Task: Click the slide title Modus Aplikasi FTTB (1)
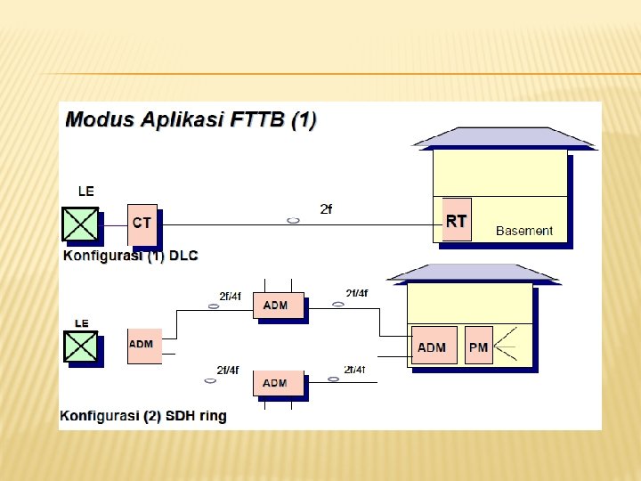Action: click(x=191, y=120)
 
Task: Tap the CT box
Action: click(x=142, y=224)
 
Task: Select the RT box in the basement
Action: click(x=456, y=221)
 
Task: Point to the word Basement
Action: click(x=524, y=231)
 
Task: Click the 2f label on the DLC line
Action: click(x=326, y=209)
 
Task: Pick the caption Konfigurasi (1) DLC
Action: click(x=130, y=256)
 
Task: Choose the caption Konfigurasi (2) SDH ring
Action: click(x=143, y=415)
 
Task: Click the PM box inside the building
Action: click(x=478, y=346)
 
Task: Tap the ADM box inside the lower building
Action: click(x=433, y=346)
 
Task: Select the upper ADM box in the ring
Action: click(x=277, y=306)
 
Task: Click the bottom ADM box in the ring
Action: click(x=277, y=383)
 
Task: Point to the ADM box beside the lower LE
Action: click(x=143, y=345)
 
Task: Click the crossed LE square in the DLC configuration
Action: click(x=80, y=224)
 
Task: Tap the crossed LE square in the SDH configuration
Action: click(x=80, y=346)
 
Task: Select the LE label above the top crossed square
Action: click(x=85, y=191)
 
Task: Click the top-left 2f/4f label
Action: click(x=230, y=296)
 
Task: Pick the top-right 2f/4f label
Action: click(x=356, y=293)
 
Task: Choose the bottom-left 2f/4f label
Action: click(x=228, y=370)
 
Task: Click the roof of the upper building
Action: click(x=503, y=137)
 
